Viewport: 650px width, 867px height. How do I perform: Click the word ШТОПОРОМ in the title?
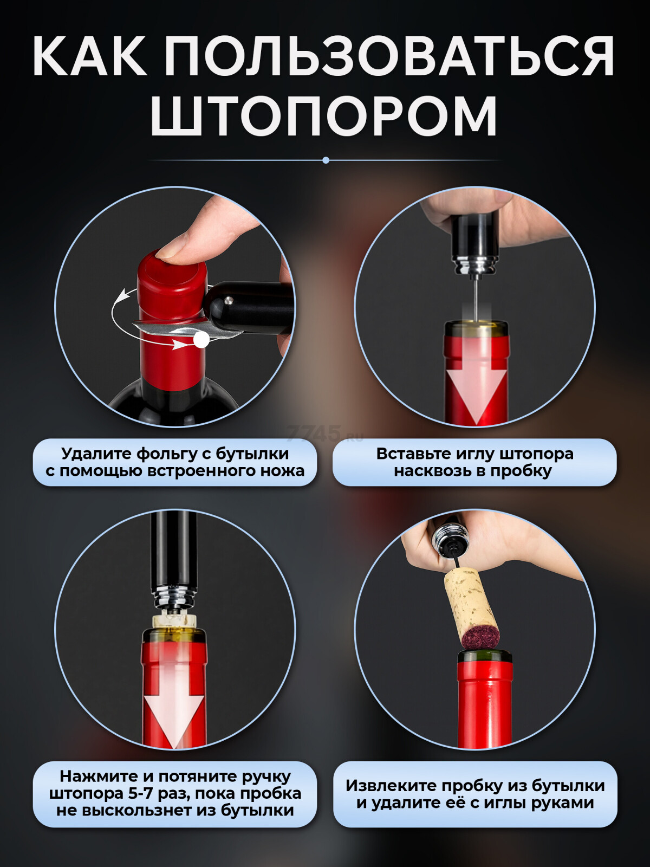(323, 117)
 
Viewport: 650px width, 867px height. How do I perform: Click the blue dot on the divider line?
(326, 160)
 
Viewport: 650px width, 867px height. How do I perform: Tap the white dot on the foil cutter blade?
(201, 339)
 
